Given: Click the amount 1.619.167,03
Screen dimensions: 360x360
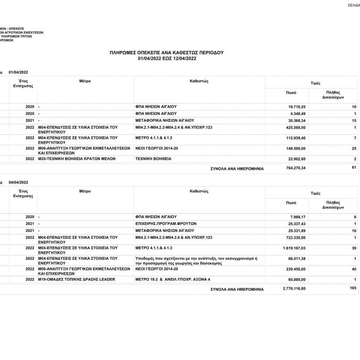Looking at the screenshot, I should pyautogui.click(x=294, y=248).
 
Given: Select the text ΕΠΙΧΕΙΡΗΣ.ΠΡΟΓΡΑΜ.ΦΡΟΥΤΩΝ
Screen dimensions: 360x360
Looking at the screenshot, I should pyautogui.click(x=166, y=223).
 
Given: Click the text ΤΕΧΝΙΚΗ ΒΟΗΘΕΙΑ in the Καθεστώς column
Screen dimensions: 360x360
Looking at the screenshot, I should pyautogui.click(x=153, y=158).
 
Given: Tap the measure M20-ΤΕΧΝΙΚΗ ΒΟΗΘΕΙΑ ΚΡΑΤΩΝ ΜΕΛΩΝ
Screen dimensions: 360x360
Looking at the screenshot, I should pyautogui.click(x=77, y=158).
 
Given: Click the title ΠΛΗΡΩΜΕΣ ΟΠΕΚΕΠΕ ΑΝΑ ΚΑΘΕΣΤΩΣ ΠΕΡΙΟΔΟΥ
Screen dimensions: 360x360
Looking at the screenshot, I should pyautogui.click(x=166, y=52).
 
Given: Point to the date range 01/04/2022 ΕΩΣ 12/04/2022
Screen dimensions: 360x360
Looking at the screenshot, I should pyautogui.click(x=166, y=58).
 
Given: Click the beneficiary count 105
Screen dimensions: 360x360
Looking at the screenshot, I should pyautogui.click(x=353, y=288).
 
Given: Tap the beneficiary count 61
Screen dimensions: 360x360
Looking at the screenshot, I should pyautogui.click(x=354, y=167).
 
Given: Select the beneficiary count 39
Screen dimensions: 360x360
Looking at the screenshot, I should pyautogui.click(x=354, y=248).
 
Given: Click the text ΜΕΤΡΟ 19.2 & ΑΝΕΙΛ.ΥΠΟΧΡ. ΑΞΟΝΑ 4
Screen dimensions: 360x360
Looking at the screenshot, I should pyautogui.click(x=173, y=279).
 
